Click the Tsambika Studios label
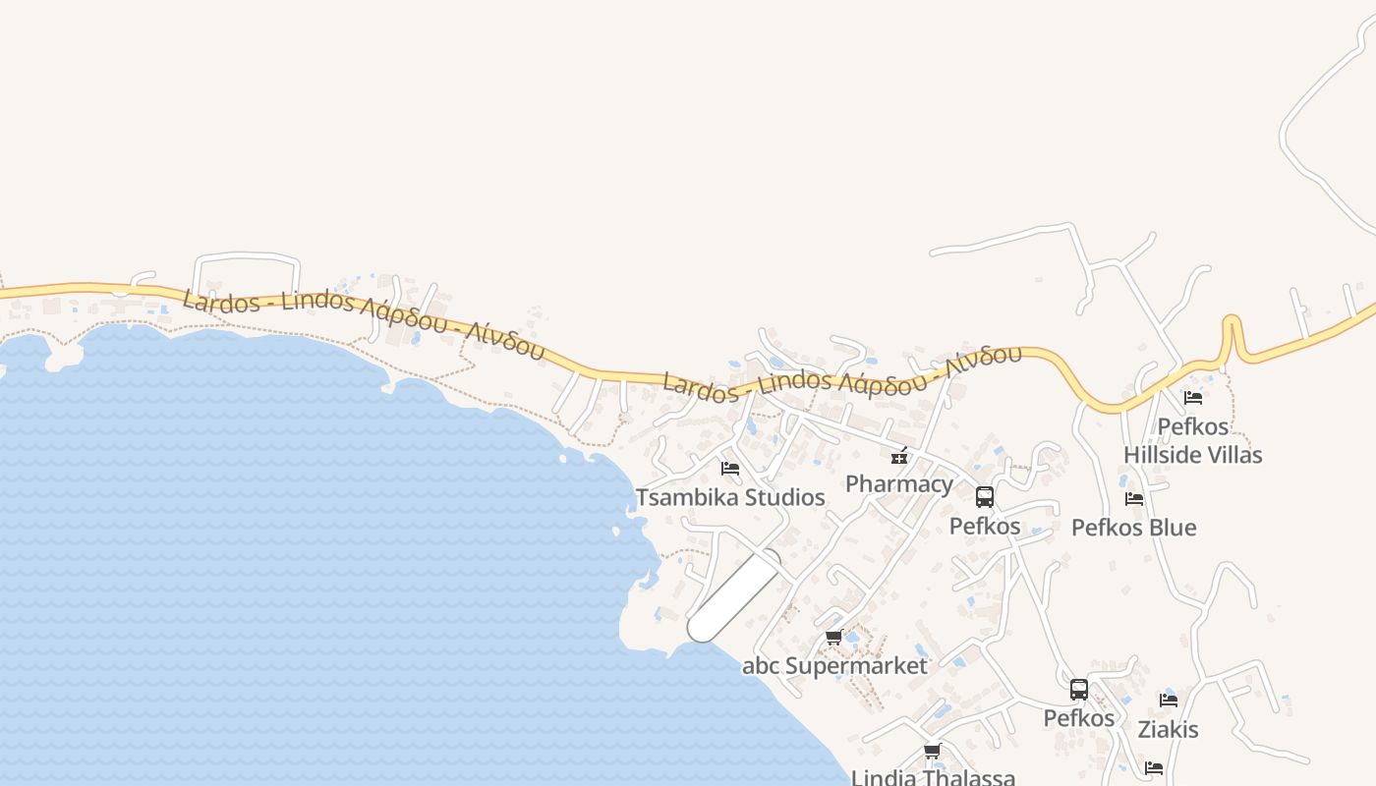[730, 497]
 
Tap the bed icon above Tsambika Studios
[729, 468]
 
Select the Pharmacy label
[898, 483]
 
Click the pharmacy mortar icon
[898, 455]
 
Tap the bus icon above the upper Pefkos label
[985, 497]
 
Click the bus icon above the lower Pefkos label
[1078, 690]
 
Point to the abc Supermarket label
[834, 666]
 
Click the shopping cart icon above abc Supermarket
[833, 637]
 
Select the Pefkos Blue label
[1133, 528]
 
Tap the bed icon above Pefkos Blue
[1133, 498]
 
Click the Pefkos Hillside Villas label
[1193, 440]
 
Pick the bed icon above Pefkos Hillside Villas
[1193, 398]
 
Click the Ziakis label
[1168, 730]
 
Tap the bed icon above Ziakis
[1168, 701]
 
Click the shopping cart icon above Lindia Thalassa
[932, 752]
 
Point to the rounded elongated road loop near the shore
[734, 596]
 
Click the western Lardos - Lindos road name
[364, 319]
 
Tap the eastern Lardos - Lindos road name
[841, 374]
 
